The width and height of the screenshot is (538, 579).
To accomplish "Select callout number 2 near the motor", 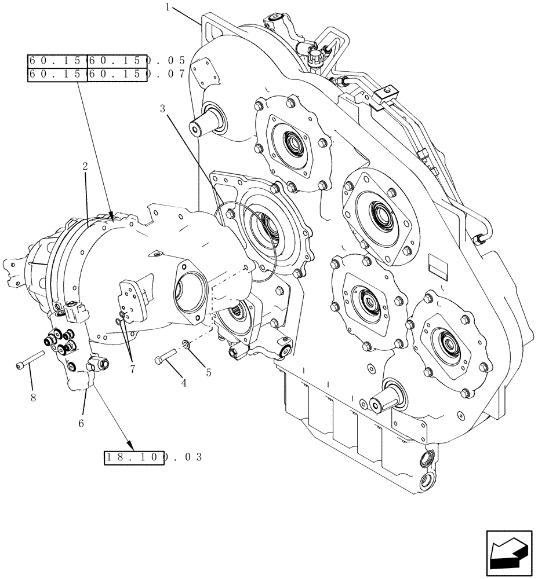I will pyautogui.click(x=85, y=167).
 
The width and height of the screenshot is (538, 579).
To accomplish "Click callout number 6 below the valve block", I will pyautogui.click(x=81, y=424).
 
